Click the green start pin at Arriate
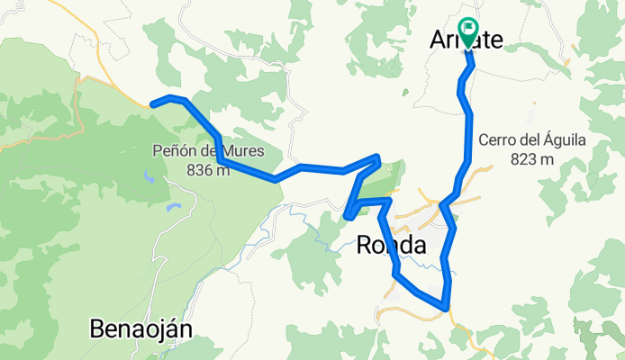pyautogui.click(x=468, y=32)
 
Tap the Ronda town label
pyautogui.click(x=392, y=244)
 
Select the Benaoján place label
pyautogui.click(x=141, y=329)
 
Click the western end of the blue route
pyautogui.click(x=152, y=104)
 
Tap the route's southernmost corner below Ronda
pyautogui.click(x=446, y=309)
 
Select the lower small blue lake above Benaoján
pyautogui.click(x=170, y=208)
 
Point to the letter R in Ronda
pyautogui.click(x=366, y=244)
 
